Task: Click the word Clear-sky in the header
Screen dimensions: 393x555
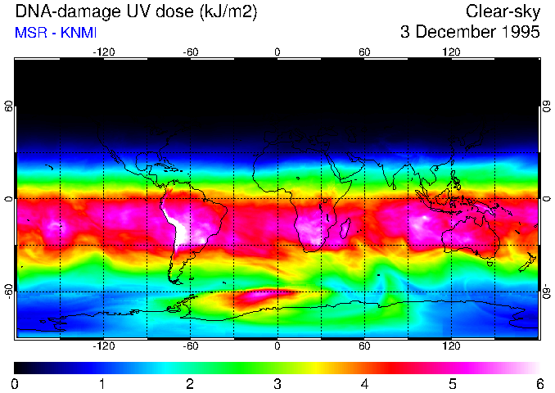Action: pyautogui.click(x=503, y=11)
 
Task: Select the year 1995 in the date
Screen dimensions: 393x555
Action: pyautogui.click(x=518, y=33)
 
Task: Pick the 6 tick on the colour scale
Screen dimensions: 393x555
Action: pyautogui.click(x=539, y=383)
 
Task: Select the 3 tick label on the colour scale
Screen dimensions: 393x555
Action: pyautogui.click(x=277, y=383)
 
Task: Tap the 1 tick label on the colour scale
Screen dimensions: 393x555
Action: pyautogui.click(x=102, y=383)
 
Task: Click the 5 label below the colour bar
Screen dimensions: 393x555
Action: pyautogui.click(x=452, y=383)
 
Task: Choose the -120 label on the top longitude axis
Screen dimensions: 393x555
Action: pyautogui.click(x=103, y=52)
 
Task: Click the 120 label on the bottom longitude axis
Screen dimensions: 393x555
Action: pyautogui.click(x=451, y=346)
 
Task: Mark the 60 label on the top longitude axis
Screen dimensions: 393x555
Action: pyautogui.click(x=364, y=52)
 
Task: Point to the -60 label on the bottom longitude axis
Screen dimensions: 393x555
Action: pyautogui.click(x=190, y=346)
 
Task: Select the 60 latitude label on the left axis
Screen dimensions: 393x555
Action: pyautogui.click(x=8, y=106)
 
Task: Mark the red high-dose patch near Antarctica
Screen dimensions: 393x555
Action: pyautogui.click(x=270, y=292)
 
